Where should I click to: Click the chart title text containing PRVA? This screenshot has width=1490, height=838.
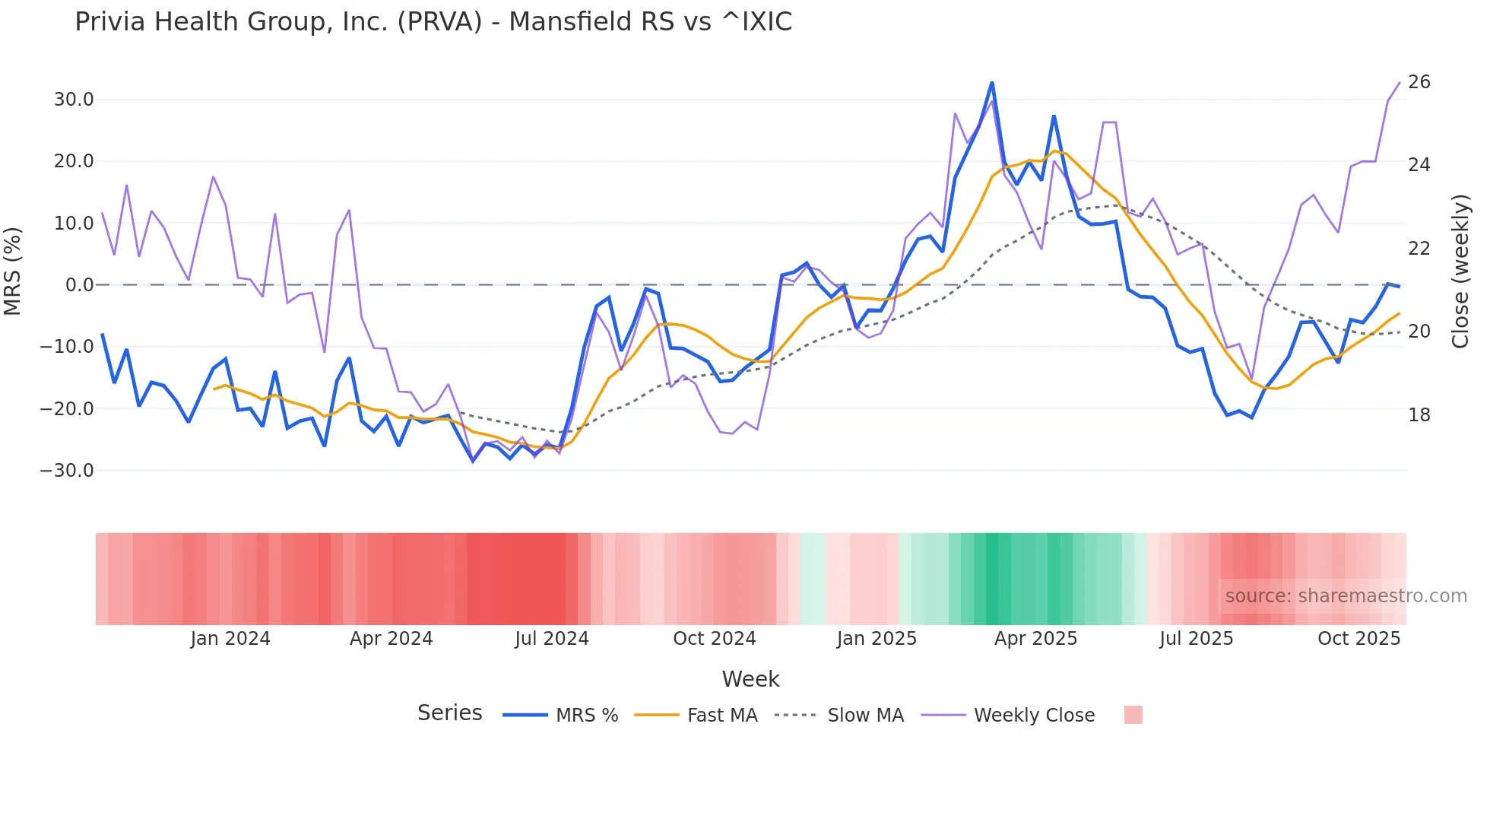point(433,21)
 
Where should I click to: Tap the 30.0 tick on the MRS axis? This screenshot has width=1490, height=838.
point(74,100)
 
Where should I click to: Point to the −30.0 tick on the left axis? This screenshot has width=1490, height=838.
point(67,471)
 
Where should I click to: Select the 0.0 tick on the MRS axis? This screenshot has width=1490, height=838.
point(79,285)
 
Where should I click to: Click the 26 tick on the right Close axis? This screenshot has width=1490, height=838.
point(1419,82)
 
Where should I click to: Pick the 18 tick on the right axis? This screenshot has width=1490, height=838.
point(1419,415)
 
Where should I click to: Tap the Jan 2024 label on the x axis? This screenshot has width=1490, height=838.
point(230,639)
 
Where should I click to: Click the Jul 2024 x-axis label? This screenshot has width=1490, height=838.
point(552,639)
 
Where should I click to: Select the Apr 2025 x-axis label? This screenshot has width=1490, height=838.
point(1035,639)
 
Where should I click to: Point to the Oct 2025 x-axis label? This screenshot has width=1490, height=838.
point(1358,639)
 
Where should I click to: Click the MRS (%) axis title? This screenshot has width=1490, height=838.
point(13,271)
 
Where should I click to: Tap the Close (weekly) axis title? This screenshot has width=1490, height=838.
point(1460,271)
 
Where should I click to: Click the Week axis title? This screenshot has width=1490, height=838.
point(750,679)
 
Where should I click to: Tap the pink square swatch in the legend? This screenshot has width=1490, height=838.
point(1133,715)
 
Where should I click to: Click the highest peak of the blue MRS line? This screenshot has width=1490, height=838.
point(991,83)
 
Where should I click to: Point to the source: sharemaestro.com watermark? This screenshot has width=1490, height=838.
point(1346,596)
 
